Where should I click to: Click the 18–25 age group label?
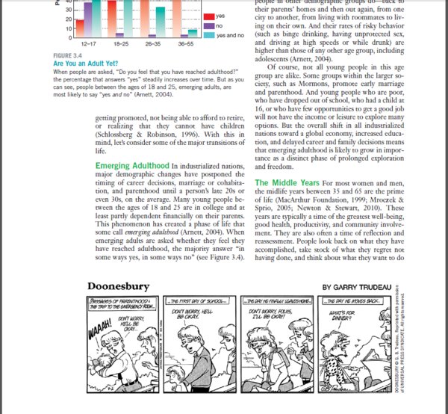pyautogui.click(x=121, y=44)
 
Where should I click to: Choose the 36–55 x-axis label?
pyautogui.click(x=187, y=44)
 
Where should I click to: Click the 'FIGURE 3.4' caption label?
pyautogui.click(x=69, y=56)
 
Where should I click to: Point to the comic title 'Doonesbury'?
pyautogui.click(x=118, y=286)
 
